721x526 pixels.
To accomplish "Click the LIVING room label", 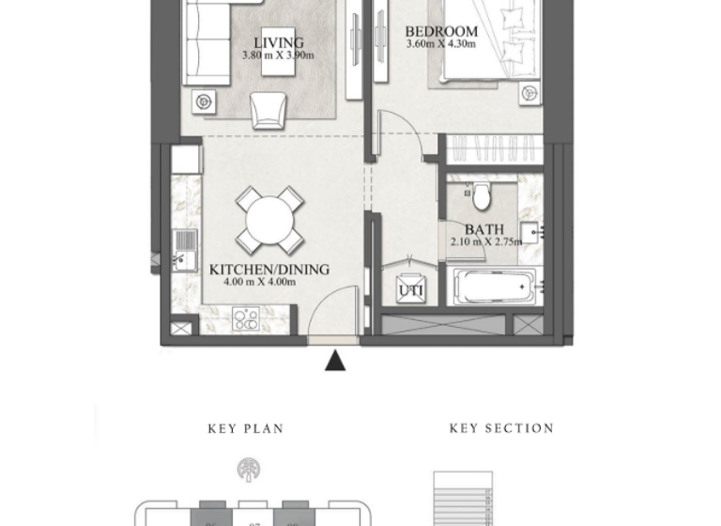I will (279, 42).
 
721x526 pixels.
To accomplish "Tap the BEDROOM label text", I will (441, 31).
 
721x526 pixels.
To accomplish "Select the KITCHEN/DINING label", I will (269, 270).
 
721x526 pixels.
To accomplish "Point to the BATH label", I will (483, 229).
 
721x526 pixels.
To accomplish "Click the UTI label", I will (410, 291).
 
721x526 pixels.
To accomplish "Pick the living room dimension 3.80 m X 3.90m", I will (278, 55).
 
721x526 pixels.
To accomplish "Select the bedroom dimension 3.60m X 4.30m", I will (441, 44).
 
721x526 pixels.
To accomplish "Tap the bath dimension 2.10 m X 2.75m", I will (485, 242).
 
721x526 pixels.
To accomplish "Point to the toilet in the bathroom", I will (482, 196).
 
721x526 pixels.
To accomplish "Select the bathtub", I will (496, 286).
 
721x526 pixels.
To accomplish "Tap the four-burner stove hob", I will (246, 319).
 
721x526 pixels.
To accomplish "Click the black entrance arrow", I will (335, 360).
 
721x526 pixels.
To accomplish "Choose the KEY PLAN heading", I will (246, 429).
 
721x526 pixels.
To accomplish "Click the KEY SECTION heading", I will (501, 428).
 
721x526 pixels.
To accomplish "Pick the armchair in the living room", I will (268, 110).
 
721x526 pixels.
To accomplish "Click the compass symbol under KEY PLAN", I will (250, 470).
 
